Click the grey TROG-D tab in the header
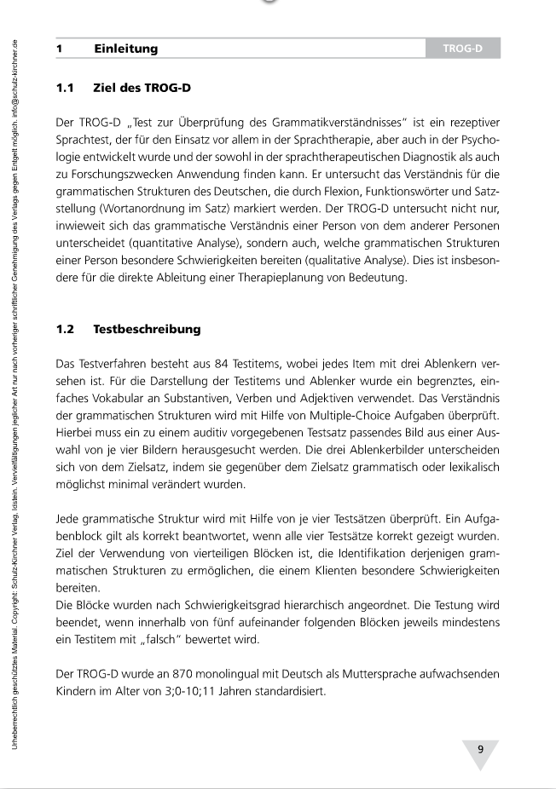click(462, 49)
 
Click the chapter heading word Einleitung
click(126, 49)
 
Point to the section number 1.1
click(66, 88)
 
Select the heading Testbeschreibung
click(147, 328)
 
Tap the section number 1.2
click(66, 328)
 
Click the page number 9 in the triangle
click(480, 750)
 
